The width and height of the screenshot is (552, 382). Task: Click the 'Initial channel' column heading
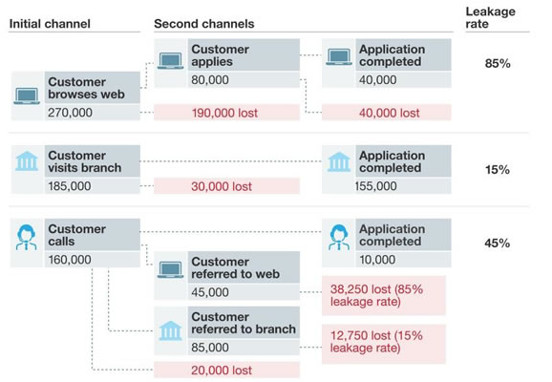pos(50,24)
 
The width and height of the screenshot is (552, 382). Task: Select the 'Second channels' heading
pos(203,24)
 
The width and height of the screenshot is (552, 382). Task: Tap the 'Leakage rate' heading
pos(490,17)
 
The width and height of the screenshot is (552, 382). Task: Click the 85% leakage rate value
pos(498,63)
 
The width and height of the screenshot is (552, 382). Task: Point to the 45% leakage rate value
pos(497,243)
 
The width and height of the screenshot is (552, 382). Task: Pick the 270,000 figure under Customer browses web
pos(70,113)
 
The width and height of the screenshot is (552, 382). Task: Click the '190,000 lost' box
pos(226,113)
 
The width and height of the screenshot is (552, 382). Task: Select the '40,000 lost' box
pos(387,113)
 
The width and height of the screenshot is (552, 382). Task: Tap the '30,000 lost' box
pos(226,186)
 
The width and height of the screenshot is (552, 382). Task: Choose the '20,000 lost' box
pos(226,370)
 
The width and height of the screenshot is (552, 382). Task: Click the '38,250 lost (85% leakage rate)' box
pos(384,295)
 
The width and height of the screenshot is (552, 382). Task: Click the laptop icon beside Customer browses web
pos(27,96)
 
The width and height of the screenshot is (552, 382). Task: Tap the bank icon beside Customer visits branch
pos(27,161)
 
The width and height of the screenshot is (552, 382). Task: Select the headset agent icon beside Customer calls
pos(27,237)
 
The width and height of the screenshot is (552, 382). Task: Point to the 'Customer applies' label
pos(220,55)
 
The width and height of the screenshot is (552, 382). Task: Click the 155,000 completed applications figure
pos(376,186)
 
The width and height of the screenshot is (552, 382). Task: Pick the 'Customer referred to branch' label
pos(244,323)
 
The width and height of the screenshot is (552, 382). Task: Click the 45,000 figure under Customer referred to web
pos(210,292)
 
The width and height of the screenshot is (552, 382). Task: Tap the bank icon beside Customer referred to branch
pos(170,330)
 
